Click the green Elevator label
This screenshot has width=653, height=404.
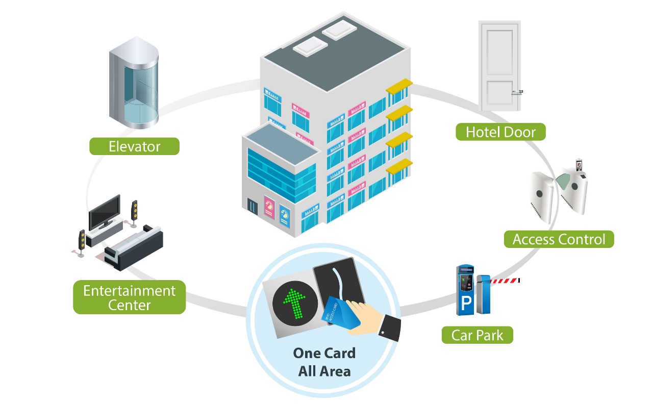[x=134, y=146]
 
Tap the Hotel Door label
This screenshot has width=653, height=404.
[x=500, y=132]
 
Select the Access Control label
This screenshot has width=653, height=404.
[x=559, y=239]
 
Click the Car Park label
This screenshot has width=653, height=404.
[x=477, y=335]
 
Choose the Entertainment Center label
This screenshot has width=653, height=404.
[x=129, y=298]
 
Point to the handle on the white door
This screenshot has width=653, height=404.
[x=517, y=92]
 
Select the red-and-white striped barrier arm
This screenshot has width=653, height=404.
[x=505, y=280]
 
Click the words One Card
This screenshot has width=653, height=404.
[x=324, y=353]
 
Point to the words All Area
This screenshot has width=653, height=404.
[x=324, y=371]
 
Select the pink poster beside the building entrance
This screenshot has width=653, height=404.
[x=269, y=207]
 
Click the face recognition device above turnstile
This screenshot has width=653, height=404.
[x=579, y=165]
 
